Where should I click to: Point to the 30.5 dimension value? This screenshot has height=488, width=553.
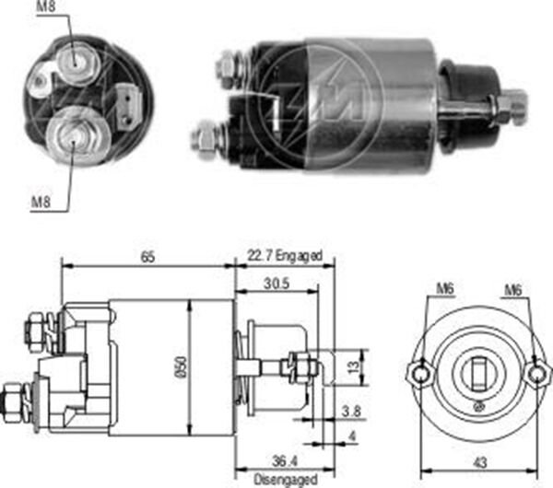pos(274,285)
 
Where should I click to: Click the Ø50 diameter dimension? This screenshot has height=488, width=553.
pos(181,366)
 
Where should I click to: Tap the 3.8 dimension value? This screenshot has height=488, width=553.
pos(350,412)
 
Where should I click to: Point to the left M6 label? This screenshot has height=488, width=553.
pos(445,290)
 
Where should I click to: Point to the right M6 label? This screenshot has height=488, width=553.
pos(513,290)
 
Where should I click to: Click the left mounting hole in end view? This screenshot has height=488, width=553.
pos(418,374)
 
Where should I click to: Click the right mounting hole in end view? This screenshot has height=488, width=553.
pos(537,374)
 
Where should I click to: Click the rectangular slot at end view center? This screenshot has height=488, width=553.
pos(478,374)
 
